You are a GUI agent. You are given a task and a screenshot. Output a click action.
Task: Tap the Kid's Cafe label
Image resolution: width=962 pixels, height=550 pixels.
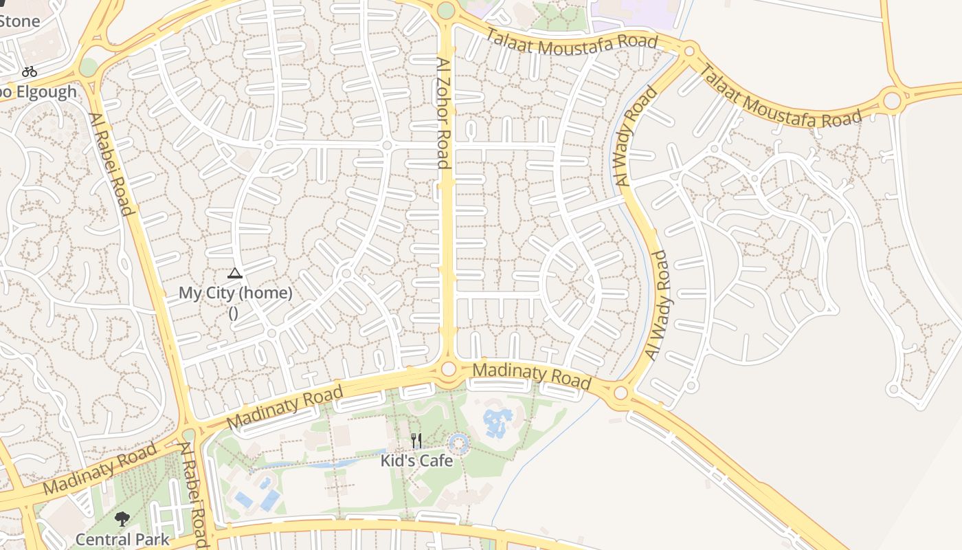(417, 461)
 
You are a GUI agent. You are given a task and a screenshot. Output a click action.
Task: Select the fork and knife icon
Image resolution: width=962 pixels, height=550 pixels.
(416, 440)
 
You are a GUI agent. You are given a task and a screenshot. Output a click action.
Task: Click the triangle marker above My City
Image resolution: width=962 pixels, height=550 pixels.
(235, 273)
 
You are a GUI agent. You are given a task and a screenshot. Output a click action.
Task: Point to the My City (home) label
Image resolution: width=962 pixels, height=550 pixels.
(235, 293)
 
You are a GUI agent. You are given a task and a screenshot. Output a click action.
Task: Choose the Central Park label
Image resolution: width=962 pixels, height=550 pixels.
(122, 539)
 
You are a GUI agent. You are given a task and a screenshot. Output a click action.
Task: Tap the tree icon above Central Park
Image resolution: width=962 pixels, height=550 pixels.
(122, 519)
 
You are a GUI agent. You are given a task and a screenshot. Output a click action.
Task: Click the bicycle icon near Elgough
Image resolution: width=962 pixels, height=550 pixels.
(29, 71)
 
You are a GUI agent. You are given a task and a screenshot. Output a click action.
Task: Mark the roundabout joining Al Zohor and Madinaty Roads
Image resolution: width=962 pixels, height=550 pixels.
(448, 369)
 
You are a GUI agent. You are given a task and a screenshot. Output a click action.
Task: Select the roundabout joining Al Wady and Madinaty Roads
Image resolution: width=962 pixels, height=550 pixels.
(620, 393)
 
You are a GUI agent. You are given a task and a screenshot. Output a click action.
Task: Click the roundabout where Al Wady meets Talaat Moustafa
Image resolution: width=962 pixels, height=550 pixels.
(689, 50)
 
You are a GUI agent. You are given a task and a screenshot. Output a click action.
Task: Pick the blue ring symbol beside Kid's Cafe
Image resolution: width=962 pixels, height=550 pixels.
(458, 443)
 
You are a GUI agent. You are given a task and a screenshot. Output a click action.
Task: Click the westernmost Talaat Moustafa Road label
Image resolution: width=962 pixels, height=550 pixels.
(572, 43)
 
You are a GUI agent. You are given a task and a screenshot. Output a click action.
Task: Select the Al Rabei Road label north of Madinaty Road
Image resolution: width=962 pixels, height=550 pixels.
(111, 164)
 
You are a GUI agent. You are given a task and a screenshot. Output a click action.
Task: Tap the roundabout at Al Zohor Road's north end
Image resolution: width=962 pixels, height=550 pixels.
(445, 10)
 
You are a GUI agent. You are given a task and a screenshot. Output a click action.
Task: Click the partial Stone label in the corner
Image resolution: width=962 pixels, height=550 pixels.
(19, 21)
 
